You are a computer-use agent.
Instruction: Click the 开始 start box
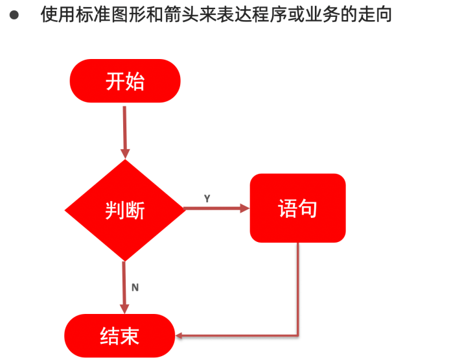pyautogui.click(x=124, y=81)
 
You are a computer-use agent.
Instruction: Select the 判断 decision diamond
pyautogui.click(x=124, y=210)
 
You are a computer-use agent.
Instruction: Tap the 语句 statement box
pyautogui.click(x=297, y=208)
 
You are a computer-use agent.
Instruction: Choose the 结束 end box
pyautogui.click(x=120, y=336)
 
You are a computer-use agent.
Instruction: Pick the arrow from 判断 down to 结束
pyautogui.click(x=124, y=285)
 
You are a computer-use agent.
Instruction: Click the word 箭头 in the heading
pyautogui.click(x=181, y=14)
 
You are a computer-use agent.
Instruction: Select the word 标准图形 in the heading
pyautogui.click(x=110, y=14)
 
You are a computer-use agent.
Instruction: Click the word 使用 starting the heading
pyautogui.click(x=58, y=14)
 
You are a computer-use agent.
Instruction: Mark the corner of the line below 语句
pyautogui.click(x=298, y=335)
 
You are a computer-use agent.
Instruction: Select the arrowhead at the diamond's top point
pyautogui.click(x=124, y=154)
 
